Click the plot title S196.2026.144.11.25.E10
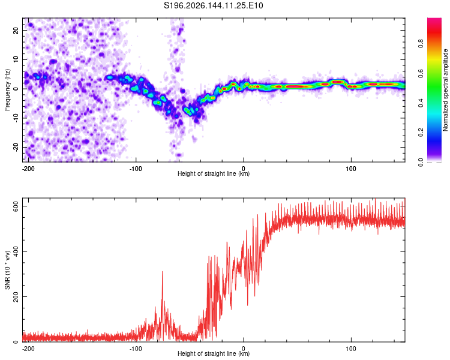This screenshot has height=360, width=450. (213, 5)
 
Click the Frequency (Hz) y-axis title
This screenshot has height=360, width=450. (7, 90)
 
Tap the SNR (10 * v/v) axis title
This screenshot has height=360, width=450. (7, 270)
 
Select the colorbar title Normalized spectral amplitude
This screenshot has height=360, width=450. (445, 90)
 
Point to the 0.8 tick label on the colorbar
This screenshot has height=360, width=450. (421, 44)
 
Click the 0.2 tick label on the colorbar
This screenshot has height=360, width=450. (421, 133)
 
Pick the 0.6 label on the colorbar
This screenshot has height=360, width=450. (421, 73)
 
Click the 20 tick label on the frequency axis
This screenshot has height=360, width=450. (16, 31)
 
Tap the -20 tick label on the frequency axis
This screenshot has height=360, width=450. (16, 147)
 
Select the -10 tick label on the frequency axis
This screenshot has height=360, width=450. (16, 118)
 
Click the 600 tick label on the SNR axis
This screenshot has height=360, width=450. (16, 206)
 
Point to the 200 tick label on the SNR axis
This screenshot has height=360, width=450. (16, 296)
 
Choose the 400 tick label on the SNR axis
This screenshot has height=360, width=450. (16, 251)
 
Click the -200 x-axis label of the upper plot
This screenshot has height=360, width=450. (28, 169)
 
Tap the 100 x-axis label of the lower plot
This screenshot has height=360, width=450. (351, 349)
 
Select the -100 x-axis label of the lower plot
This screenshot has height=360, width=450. (136, 349)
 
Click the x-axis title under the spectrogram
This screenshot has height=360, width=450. (214, 173)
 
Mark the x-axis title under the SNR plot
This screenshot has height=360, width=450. (214, 353)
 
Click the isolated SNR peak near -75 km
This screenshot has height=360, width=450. (163, 272)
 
